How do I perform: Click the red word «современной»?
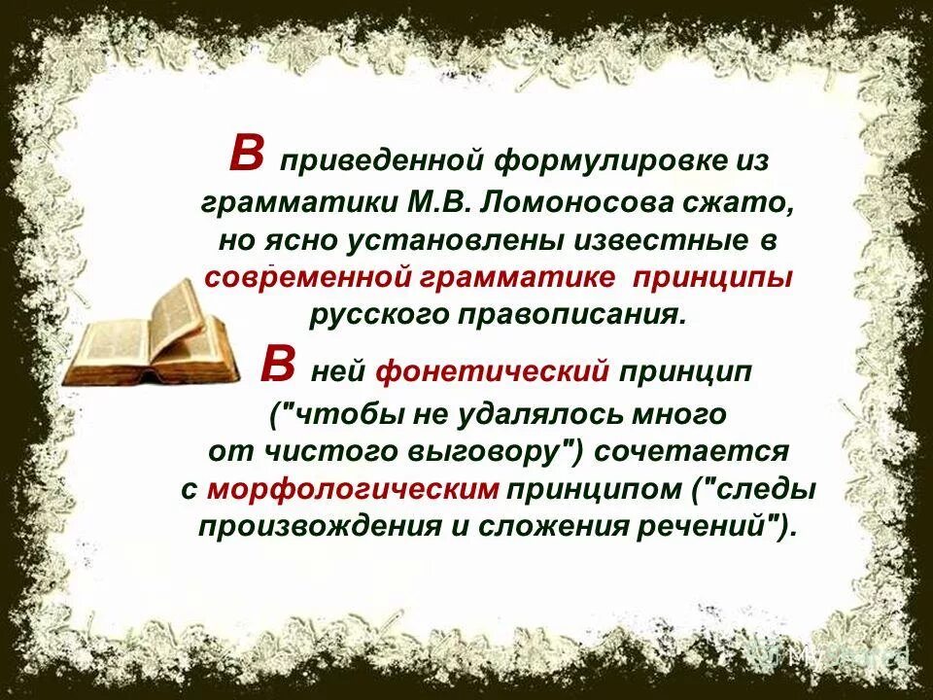point(307,278)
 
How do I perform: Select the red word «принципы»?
point(714,278)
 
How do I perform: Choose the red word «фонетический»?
point(492,370)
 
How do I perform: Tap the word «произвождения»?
point(312,527)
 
